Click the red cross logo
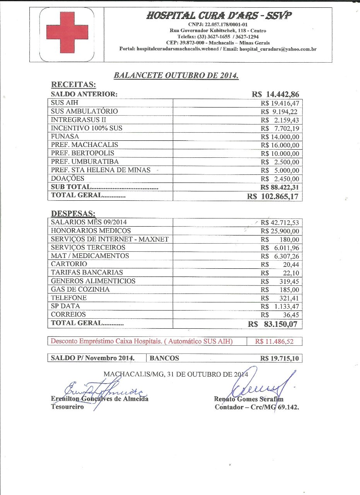tap(67, 32)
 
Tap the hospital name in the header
tap(219, 16)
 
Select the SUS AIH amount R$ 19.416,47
tap(280, 103)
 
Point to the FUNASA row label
tap(65, 137)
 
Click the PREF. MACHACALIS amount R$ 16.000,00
tap(280, 145)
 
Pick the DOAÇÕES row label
tap(68, 179)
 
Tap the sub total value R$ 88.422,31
tap(280, 187)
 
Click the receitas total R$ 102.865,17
tap(273, 196)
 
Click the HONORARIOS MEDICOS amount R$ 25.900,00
tap(280, 231)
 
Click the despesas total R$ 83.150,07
tap(274, 324)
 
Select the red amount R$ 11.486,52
tap(275, 342)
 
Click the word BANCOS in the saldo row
tap(164, 358)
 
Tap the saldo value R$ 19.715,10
tap(280, 358)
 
